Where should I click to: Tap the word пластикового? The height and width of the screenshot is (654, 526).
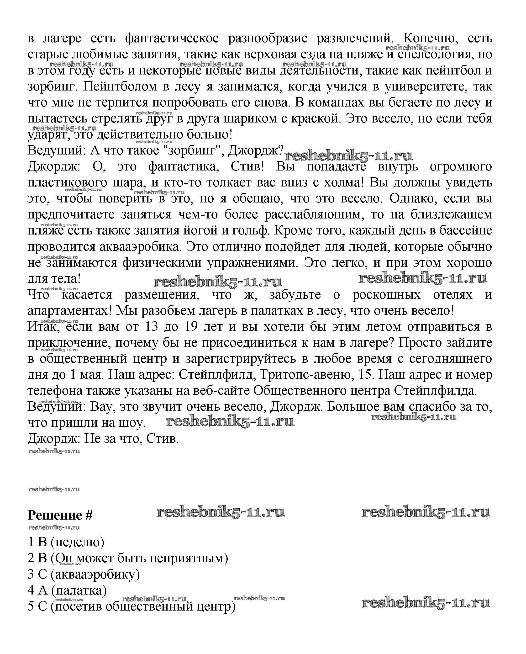click(x=67, y=183)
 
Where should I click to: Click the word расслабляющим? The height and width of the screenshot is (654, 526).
click(x=314, y=215)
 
